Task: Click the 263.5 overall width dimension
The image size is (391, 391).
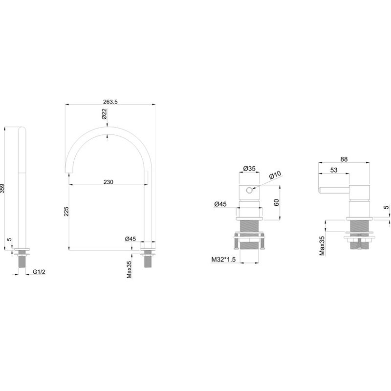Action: (110, 102)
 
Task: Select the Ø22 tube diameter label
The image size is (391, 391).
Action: (104, 114)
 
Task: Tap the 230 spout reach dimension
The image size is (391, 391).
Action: (108, 182)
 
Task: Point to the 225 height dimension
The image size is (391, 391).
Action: (66, 211)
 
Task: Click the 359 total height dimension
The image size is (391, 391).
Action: (2, 188)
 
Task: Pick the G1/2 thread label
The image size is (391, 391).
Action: (39, 272)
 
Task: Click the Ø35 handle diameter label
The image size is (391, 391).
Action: (249, 169)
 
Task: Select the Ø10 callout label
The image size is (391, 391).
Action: (275, 175)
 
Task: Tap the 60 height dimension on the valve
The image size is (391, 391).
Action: (276, 202)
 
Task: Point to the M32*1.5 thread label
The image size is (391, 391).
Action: (223, 260)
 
